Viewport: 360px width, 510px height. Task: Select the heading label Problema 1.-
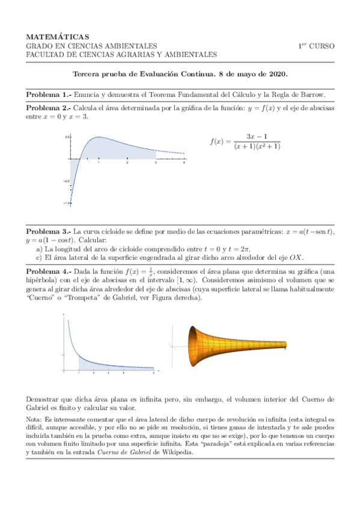[x=48, y=95]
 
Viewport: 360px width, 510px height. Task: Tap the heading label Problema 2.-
[x=48, y=108]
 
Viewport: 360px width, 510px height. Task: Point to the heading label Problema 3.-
[x=48, y=232]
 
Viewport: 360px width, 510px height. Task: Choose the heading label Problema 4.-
[x=48, y=272]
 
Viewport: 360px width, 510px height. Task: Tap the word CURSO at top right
[x=323, y=46]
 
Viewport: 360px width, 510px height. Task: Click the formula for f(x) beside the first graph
[x=245, y=142]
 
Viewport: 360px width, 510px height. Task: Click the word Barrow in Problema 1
[x=311, y=95]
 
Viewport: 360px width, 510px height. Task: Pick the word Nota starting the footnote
[x=34, y=419]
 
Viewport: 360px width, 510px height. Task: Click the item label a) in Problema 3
[x=39, y=248]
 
